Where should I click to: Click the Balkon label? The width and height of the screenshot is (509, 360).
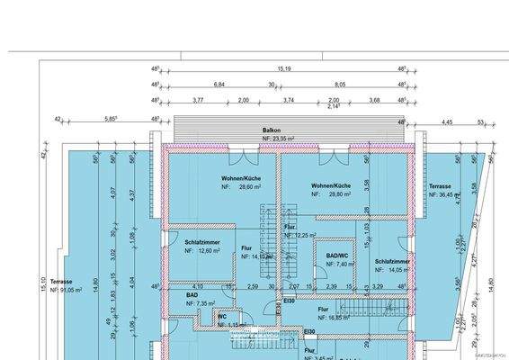point(272,130)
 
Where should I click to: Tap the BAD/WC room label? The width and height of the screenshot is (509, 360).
point(338,256)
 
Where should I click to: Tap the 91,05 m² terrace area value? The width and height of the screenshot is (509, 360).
point(73,290)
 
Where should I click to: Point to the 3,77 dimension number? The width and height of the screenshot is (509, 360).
point(198,100)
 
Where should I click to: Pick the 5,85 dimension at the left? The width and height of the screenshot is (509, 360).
point(111,118)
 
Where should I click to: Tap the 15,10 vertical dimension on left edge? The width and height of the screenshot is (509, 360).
point(42,283)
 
